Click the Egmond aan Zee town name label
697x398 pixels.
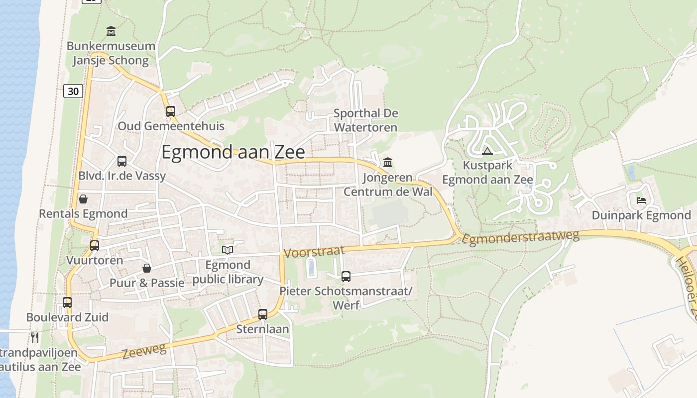click(x=233, y=152)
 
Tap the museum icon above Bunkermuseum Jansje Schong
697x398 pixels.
click(x=111, y=31)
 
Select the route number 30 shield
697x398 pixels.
click(x=73, y=91)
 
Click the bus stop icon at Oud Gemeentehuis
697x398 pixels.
click(x=171, y=111)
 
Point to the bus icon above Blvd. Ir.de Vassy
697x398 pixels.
click(x=122, y=161)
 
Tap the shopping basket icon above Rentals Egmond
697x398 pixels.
click(x=83, y=199)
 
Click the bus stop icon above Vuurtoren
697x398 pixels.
click(x=95, y=245)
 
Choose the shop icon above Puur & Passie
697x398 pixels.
click(x=147, y=268)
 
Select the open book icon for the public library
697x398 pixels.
click(x=228, y=250)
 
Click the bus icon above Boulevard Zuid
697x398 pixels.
click(x=67, y=302)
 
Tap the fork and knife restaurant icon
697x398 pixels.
click(x=35, y=338)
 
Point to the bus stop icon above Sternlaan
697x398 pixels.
click(x=263, y=314)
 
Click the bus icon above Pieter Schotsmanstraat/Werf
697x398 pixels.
click(x=346, y=276)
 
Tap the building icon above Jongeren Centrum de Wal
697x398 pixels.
click(x=388, y=162)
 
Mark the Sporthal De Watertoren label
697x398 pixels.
click(x=366, y=120)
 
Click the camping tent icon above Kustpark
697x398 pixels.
click(x=487, y=151)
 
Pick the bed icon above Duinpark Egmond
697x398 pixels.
click(x=641, y=200)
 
